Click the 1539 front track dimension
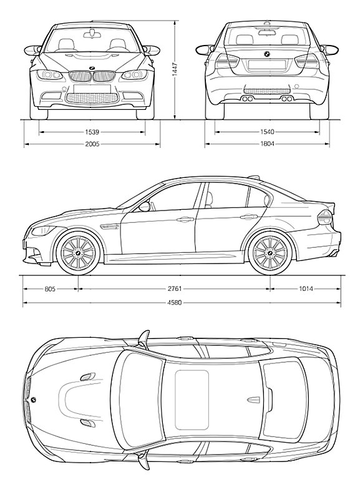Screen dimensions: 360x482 coord(92,132)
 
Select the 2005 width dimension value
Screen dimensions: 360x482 coord(92,144)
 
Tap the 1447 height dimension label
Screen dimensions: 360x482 coord(175,69)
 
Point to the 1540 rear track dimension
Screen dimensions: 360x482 coord(267,132)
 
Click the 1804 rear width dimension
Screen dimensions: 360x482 coord(267,144)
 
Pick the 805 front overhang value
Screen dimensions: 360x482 coord(50,288)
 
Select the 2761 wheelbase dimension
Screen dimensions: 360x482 coord(174,288)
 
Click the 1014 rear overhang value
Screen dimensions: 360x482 coord(306,288)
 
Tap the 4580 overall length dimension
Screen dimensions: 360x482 coord(174,302)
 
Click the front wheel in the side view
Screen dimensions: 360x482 coord(78,253)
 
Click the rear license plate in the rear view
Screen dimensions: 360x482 coord(267,64)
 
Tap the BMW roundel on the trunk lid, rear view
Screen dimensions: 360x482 coord(267,54)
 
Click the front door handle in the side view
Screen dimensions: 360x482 coord(183,219)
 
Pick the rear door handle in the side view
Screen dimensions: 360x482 coord(249,217)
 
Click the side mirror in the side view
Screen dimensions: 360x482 coord(145,206)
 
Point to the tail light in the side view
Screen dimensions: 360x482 coord(325,217)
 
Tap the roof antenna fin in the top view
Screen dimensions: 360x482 coord(253,400)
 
